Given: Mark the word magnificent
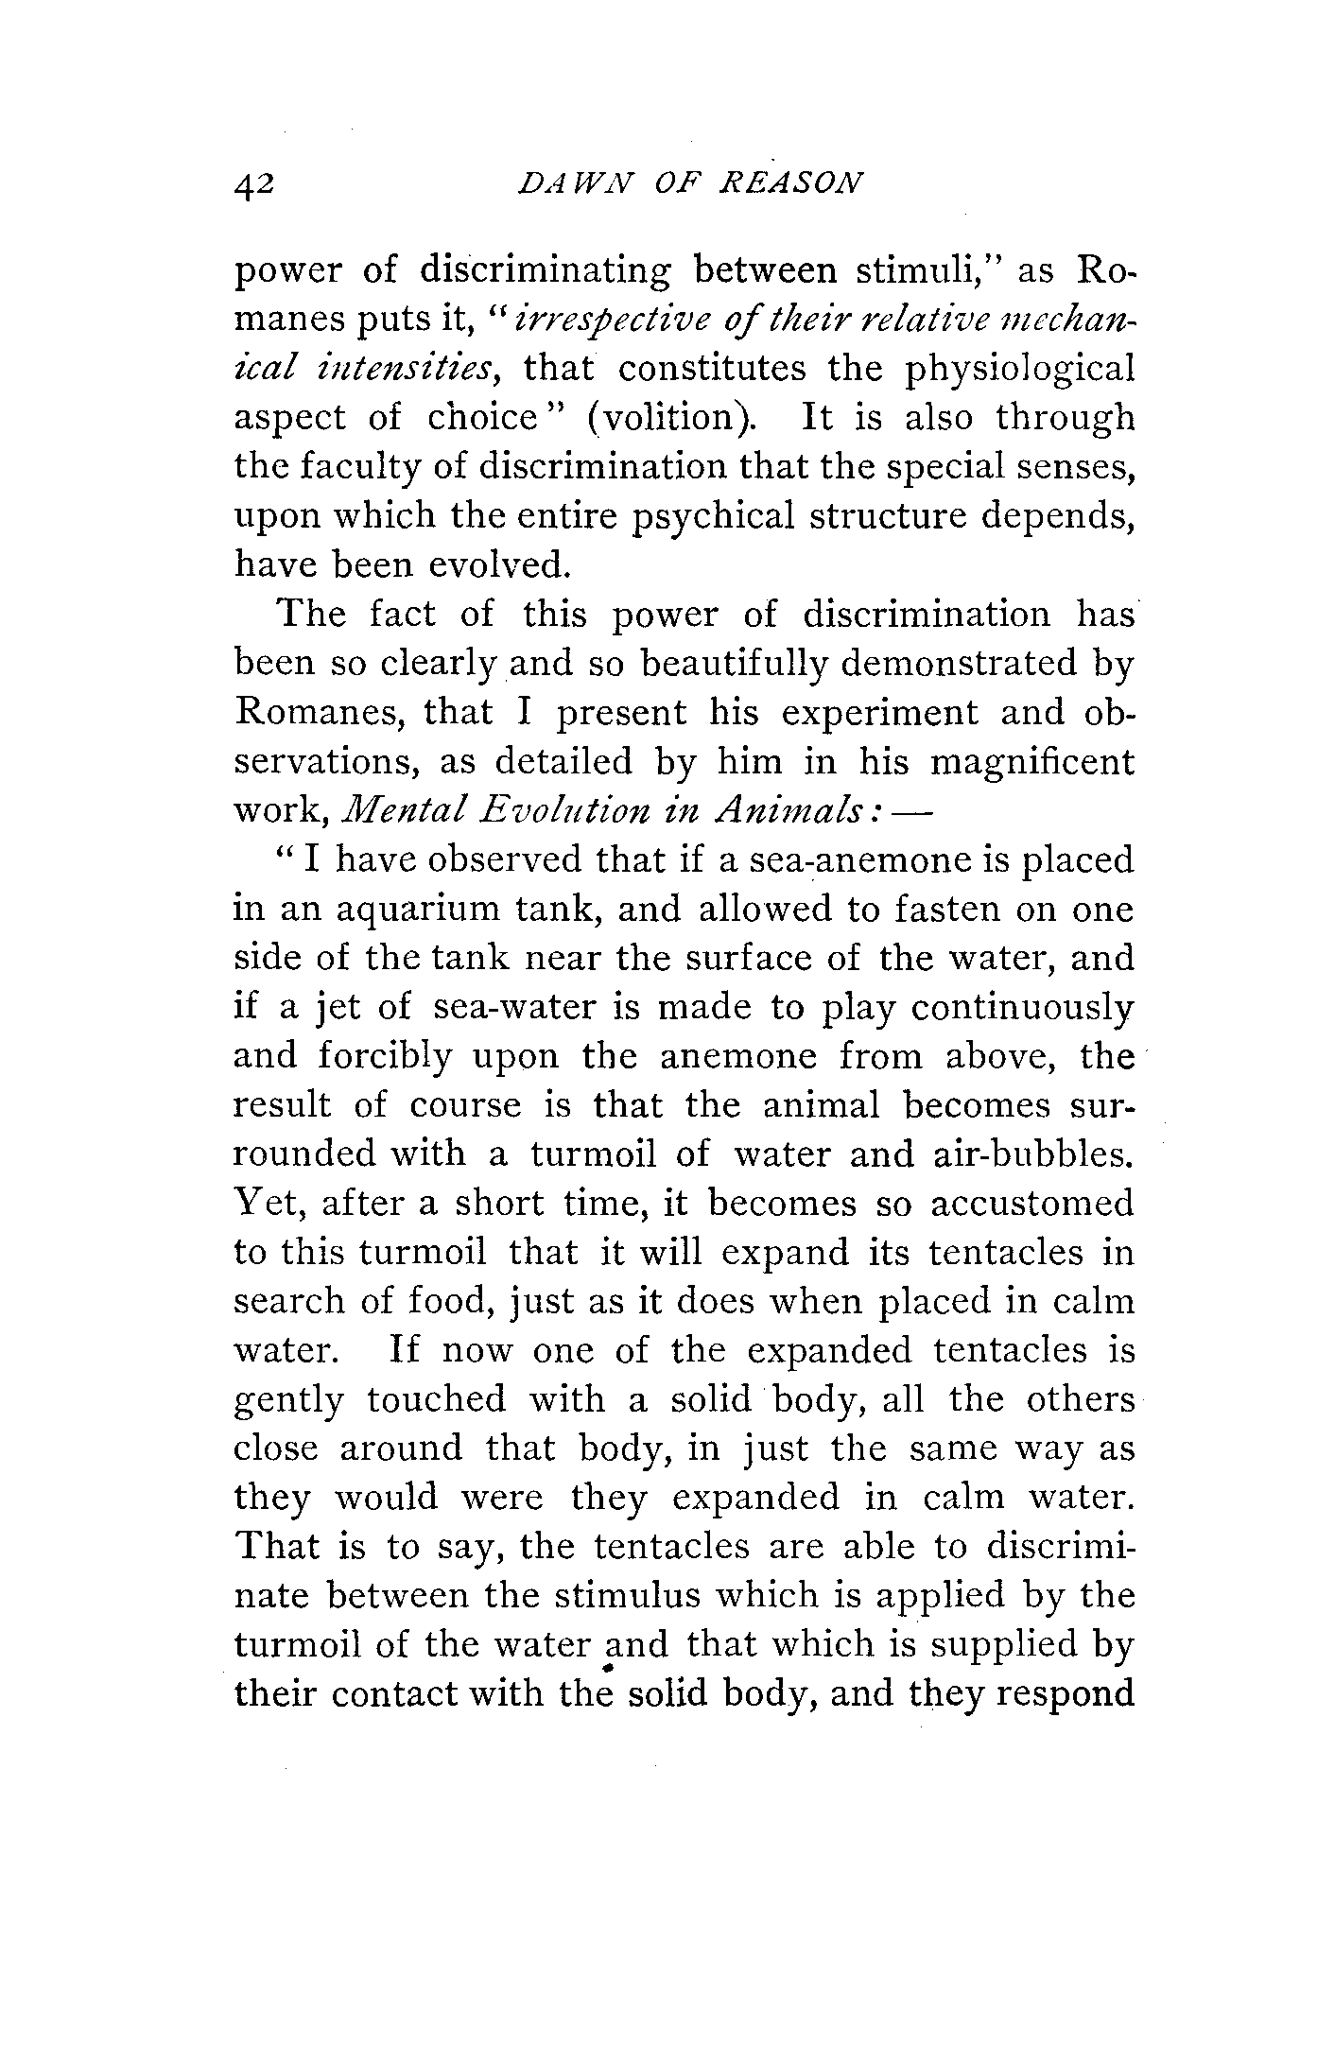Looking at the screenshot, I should (1031, 761).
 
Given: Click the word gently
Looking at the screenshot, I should (288, 1401).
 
